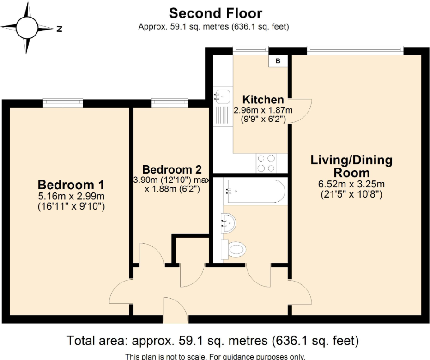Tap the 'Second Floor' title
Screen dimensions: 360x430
click(215, 13)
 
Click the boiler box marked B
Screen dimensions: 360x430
click(278, 61)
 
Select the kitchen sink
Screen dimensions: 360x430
click(222, 96)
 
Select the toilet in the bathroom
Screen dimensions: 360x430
click(234, 250)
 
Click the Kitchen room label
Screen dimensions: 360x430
click(263, 99)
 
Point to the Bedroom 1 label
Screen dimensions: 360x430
click(71, 185)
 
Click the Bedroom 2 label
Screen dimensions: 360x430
click(171, 169)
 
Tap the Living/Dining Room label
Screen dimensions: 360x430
click(351, 167)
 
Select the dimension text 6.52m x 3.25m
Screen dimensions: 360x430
click(351, 185)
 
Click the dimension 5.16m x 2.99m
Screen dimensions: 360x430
click(71, 197)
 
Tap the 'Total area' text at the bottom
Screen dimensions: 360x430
click(213, 341)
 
